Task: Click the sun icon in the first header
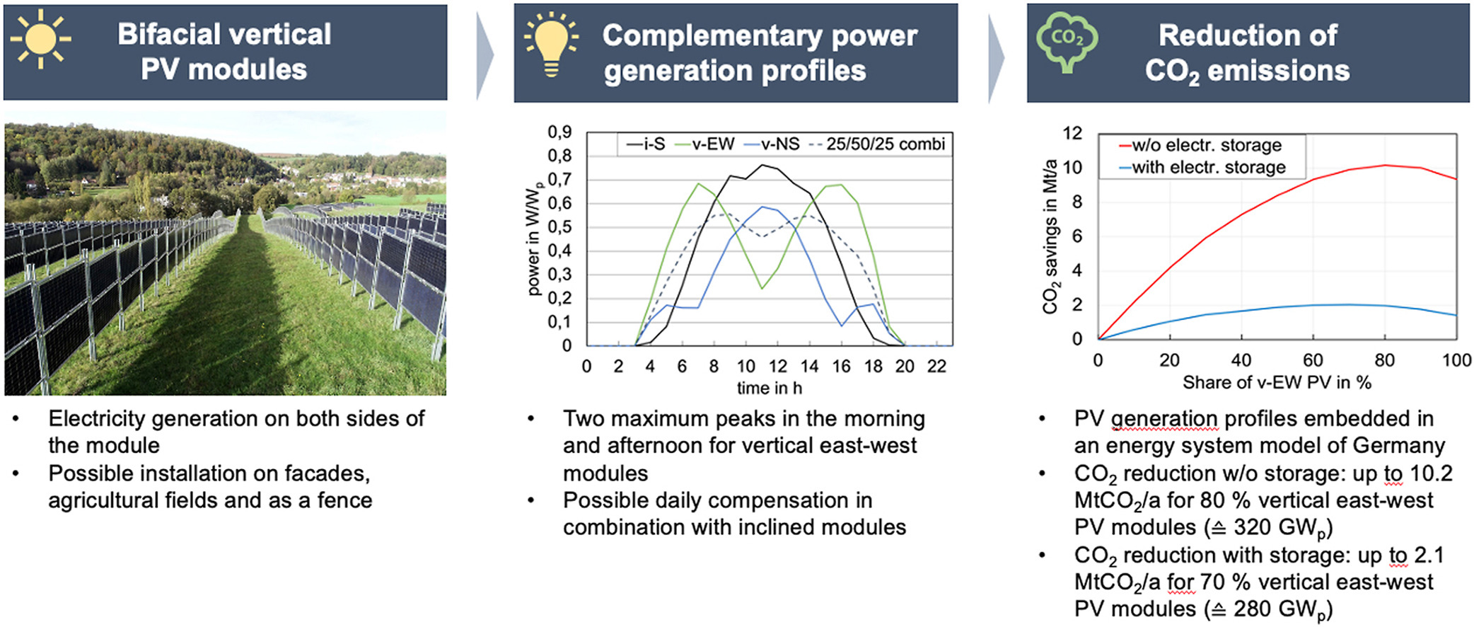[40, 39]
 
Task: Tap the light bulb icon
[551, 43]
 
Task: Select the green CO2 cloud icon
[1067, 42]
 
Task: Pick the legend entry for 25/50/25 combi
[876, 144]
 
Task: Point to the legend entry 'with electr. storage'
[1202, 168]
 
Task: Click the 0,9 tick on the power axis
[559, 132]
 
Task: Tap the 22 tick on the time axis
[936, 367]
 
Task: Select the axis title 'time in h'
[770, 388]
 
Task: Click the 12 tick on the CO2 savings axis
[1072, 133]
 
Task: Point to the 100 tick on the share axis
[1456, 360]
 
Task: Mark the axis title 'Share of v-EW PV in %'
[1277, 383]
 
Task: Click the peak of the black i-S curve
[762, 165]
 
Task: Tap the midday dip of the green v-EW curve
[762, 288]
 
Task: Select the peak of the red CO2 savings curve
[1384, 166]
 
